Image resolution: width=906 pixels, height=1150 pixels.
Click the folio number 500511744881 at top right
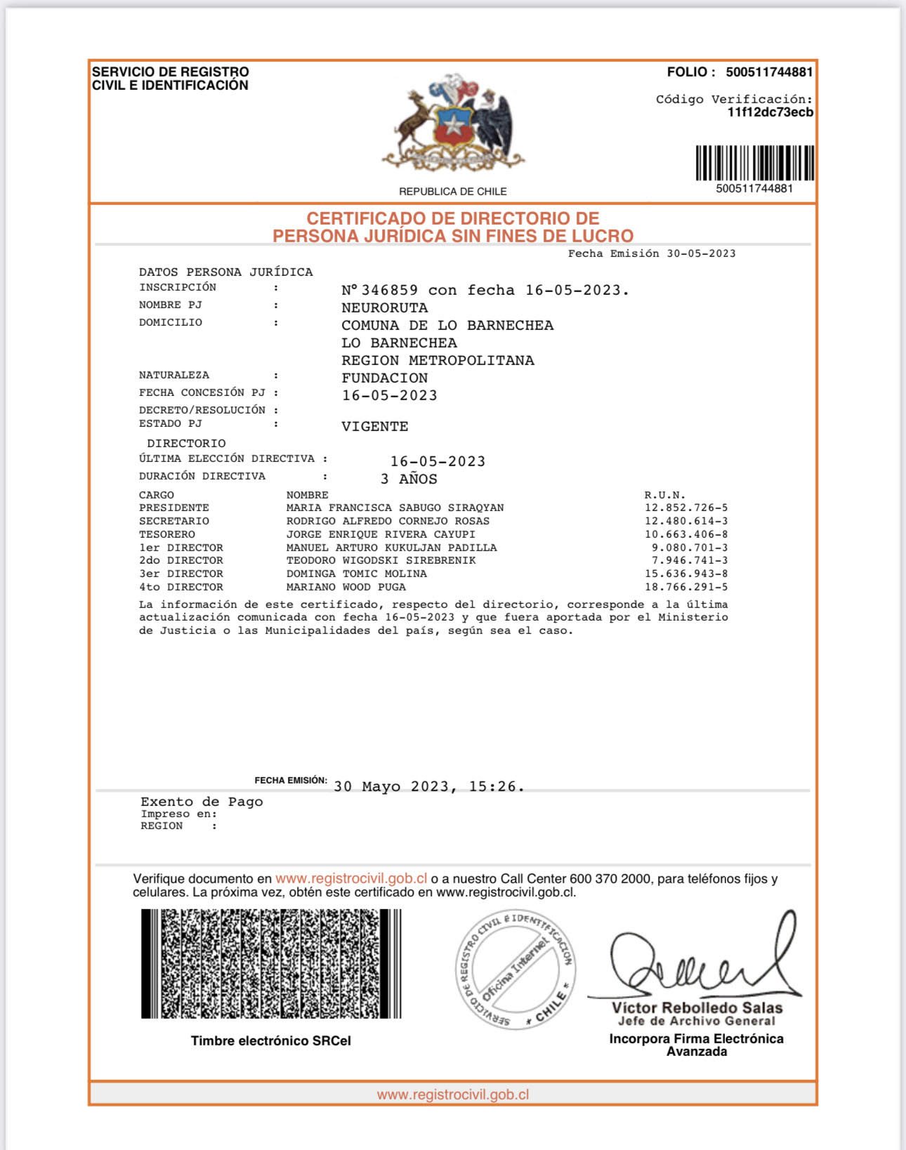(769, 72)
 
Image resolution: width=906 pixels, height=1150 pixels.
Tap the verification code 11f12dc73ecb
(770, 112)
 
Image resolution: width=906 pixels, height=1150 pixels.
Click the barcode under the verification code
(754, 163)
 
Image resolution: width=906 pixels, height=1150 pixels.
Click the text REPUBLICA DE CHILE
(453, 192)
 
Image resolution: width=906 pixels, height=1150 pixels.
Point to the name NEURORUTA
(384, 308)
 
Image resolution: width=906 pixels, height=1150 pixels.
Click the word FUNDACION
(384, 378)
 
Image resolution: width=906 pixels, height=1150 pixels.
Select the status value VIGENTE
(374, 427)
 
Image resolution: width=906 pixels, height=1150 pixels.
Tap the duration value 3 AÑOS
(409, 480)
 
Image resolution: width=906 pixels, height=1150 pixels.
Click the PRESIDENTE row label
(173, 508)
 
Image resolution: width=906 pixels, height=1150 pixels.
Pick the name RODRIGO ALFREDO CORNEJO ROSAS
(388, 521)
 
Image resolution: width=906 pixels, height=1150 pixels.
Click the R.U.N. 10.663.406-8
(685, 534)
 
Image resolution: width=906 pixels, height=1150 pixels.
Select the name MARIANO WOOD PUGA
(346, 587)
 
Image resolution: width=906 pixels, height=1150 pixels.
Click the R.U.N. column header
(664, 495)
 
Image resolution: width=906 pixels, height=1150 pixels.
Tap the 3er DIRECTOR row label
(180, 574)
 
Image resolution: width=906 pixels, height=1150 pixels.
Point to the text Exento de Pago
(202, 802)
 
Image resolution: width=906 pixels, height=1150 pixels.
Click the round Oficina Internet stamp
(515, 970)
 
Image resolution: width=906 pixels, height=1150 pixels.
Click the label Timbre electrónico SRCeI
(270, 1040)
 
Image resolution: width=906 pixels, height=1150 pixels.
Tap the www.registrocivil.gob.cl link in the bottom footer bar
(453, 1095)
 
